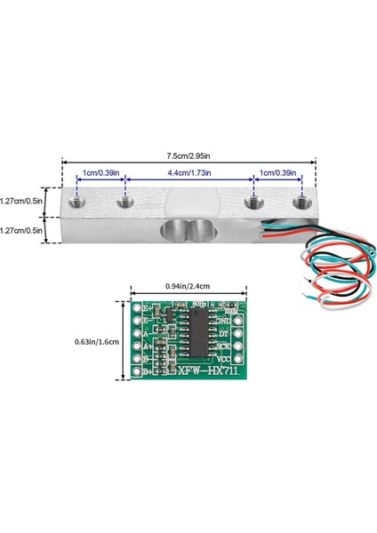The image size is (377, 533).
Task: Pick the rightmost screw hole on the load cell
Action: [300, 202]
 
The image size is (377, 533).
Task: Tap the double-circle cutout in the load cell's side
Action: [188, 234]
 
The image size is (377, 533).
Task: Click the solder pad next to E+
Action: [138, 308]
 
